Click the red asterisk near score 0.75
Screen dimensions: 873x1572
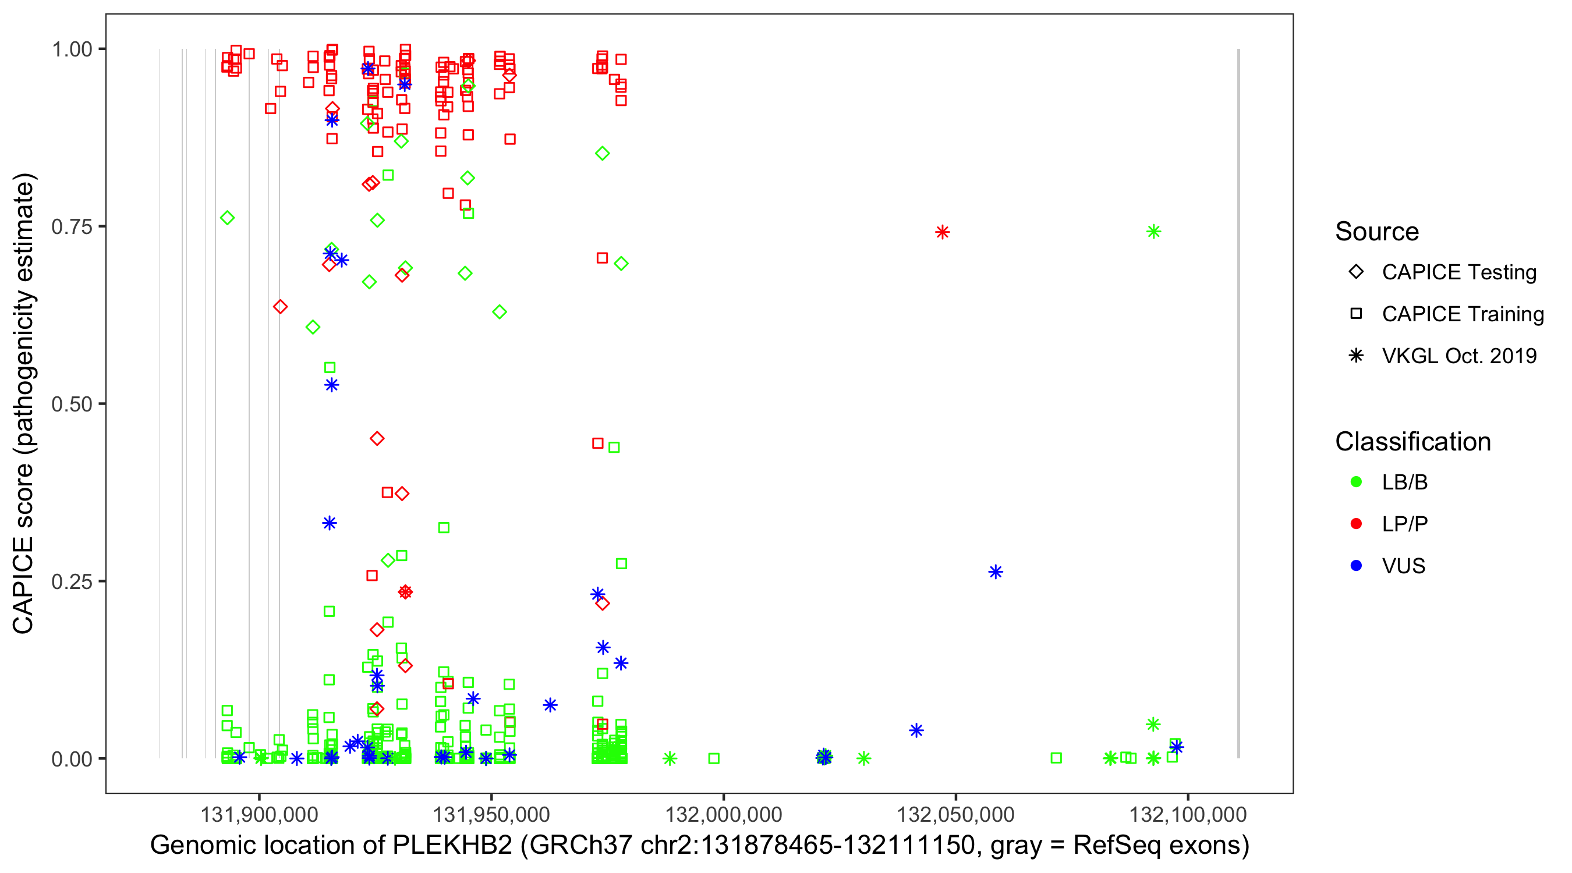coord(942,232)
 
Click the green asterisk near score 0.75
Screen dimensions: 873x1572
coord(1153,231)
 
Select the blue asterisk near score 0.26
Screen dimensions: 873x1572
coord(996,572)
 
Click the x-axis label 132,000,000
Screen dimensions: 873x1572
coord(723,814)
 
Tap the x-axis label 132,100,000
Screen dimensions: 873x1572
coord(1188,814)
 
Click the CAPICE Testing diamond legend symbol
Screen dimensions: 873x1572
coord(1356,271)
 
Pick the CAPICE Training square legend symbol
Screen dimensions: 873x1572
coord(1356,314)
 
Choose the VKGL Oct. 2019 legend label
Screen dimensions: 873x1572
coord(1459,356)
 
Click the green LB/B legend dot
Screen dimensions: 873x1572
coord(1356,482)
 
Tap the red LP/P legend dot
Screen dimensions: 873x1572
coord(1356,524)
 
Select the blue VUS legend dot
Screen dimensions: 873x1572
coord(1356,566)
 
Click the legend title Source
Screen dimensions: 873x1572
coord(1377,232)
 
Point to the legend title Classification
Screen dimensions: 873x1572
coord(1412,442)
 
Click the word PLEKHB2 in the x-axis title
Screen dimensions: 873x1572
coord(452,846)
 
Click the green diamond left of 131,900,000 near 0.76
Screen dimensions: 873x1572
coord(227,218)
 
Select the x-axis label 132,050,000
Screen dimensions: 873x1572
coord(955,814)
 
